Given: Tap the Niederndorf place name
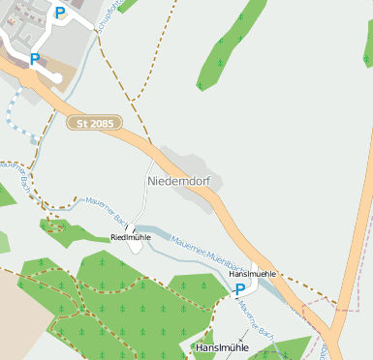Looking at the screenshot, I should pyautogui.click(x=178, y=181).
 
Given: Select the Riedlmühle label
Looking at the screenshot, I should pyautogui.click(x=131, y=236).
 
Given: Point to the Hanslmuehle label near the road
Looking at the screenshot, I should pyautogui.click(x=253, y=274).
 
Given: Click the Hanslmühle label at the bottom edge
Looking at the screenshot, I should pyautogui.click(x=222, y=347).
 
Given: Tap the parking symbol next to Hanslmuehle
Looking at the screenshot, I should pyautogui.click(x=240, y=289).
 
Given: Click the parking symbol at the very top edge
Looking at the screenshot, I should pyautogui.click(x=61, y=13).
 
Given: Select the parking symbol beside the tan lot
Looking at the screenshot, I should pyautogui.click(x=34, y=60).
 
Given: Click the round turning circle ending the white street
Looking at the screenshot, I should pyautogui.click(x=57, y=77).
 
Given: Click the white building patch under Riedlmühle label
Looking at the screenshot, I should pyautogui.click(x=135, y=247).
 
